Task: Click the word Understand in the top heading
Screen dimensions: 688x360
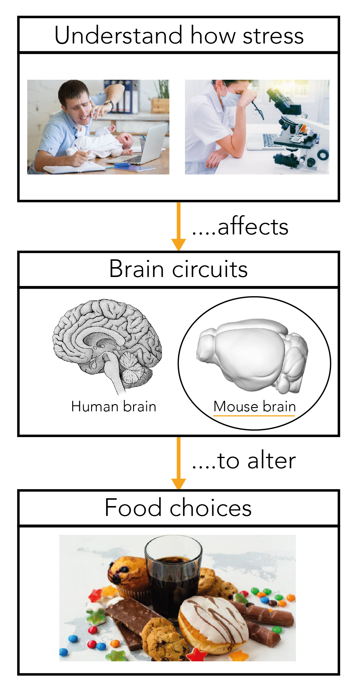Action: (x=118, y=35)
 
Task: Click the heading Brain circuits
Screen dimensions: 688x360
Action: (x=178, y=269)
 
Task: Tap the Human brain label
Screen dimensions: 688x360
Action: (x=114, y=407)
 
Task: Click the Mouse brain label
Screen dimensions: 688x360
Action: (x=254, y=407)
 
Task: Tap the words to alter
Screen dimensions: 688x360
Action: (x=256, y=460)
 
